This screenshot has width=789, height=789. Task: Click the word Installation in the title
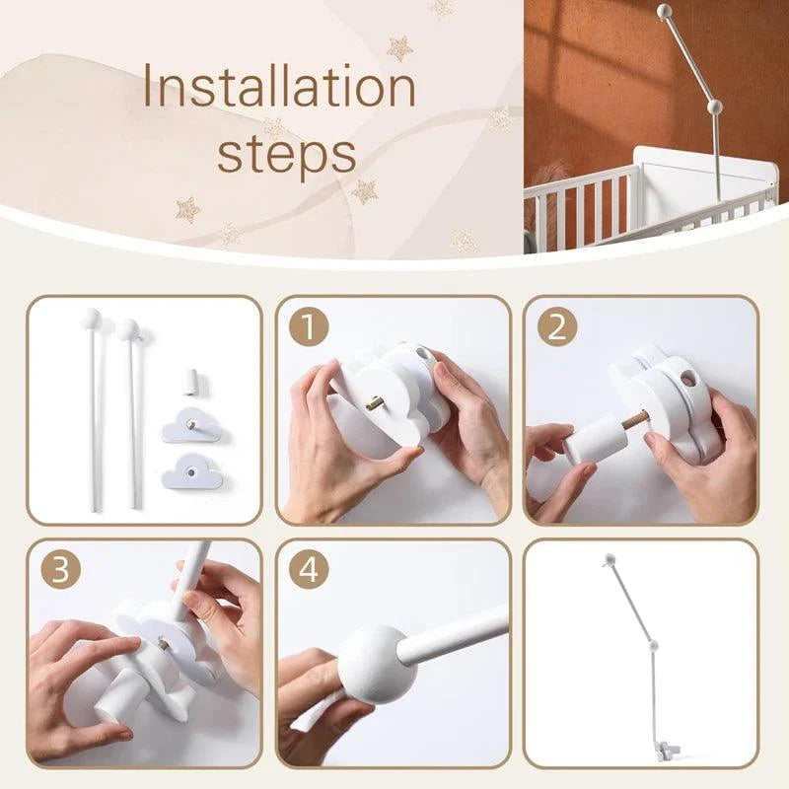click(x=280, y=86)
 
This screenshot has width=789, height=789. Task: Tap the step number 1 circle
click(x=309, y=327)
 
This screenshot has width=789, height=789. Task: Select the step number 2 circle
click(x=557, y=327)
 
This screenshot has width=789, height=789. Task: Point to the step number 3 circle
click(x=60, y=570)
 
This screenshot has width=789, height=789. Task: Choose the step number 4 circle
click(x=309, y=570)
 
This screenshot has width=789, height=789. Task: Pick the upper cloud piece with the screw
click(x=192, y=425)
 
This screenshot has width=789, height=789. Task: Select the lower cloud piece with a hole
click(x=191, y=471)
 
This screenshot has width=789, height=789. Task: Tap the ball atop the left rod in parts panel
click(x=91, y=318)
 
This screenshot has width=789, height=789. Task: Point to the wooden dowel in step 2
click(x=634, y=421)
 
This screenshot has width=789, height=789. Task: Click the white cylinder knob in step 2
click(x=596, y=439)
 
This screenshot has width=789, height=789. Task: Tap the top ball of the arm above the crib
click(x=665, y=10)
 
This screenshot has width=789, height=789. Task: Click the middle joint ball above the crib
click(x=714, y=107)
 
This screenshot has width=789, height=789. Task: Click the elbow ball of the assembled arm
click(x=653, y=645)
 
